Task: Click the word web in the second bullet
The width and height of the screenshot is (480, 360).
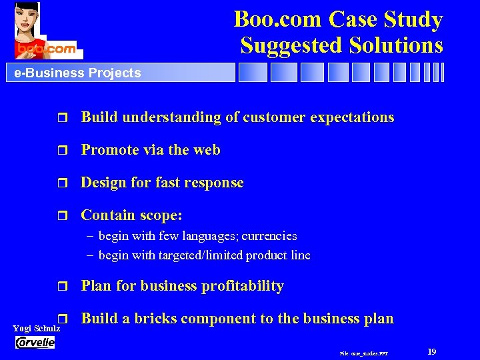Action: coord(207,150)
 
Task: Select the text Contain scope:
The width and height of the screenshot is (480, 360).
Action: coord(131,215)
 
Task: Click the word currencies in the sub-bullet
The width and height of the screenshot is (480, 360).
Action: coord(269,236)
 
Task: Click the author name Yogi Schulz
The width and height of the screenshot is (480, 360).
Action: coord(36,329)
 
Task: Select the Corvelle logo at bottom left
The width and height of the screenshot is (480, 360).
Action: coord(35,342)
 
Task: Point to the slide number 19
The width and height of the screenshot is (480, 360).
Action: coord(431,351)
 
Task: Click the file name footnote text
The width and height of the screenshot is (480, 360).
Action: coord(364,353)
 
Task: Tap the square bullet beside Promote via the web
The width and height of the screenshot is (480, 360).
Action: coord(63,151)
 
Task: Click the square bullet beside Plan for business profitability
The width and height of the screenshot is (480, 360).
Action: coord(63,287)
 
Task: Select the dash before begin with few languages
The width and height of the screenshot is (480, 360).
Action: coord(90,236)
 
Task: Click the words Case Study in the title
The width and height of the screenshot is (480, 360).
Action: coord(387,20)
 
